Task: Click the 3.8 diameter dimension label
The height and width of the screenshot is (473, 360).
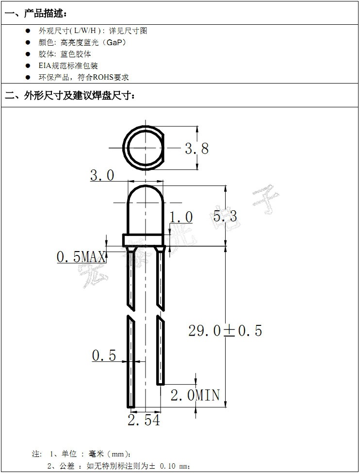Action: pos(196,148)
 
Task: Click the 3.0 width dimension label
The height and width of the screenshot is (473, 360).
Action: pos(102,175)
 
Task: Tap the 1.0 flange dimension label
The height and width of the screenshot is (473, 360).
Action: pos(180,217)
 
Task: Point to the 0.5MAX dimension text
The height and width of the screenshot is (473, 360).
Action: pos(81,257)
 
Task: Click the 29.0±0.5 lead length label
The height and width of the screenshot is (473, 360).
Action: pos(225,331)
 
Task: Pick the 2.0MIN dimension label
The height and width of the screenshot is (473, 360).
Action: pos(195,395)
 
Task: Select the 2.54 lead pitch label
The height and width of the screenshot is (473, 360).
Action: pos(144,420)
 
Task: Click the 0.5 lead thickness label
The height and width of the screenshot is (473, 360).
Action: pos(104,356)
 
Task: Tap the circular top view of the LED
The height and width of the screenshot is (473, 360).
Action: pos(144,148)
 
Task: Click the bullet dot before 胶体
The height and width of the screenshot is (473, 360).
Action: pos(28,54)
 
